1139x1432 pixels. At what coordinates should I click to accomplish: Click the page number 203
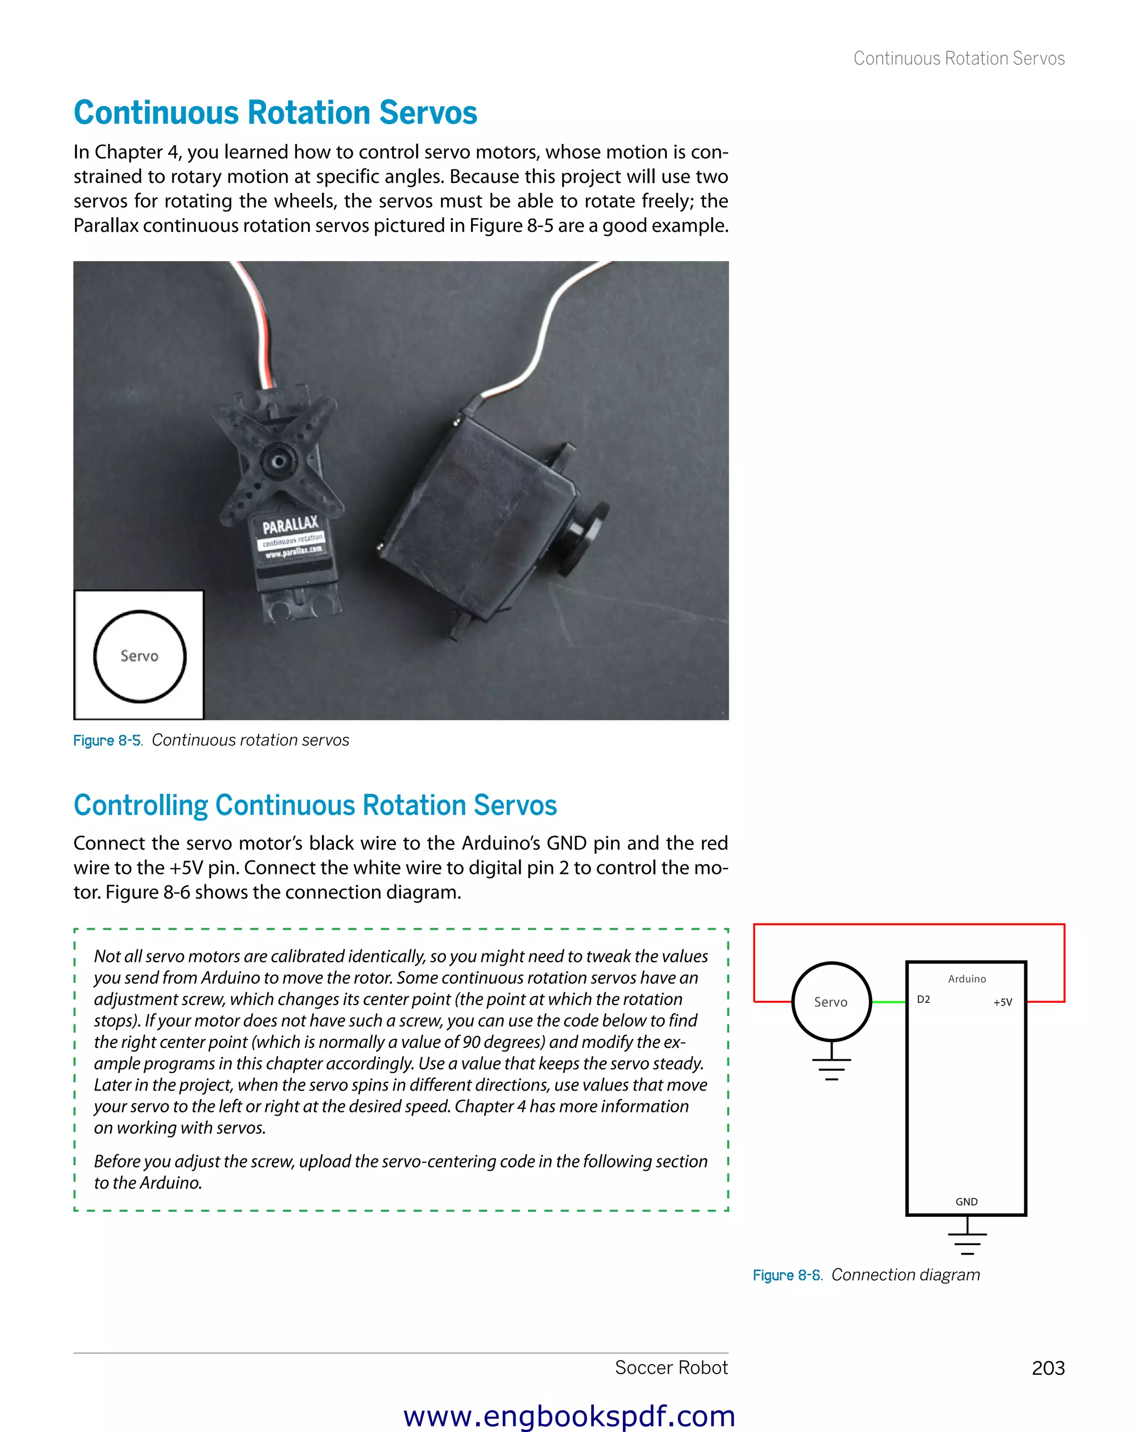(1047, 1368)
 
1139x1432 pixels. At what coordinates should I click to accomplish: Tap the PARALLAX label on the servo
(290, 525)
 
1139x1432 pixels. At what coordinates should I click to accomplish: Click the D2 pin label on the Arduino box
(923, 999)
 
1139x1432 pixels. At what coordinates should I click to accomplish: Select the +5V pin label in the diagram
(1002, 1002)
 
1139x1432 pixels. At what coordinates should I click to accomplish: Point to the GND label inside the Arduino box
(966, 1201)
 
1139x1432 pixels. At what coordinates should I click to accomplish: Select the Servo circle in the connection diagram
(831, 1001)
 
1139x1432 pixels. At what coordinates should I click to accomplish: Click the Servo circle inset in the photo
(140, 655)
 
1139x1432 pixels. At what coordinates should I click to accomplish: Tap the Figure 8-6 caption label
(787, 1275)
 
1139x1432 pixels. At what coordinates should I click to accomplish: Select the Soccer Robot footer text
(671, 1368)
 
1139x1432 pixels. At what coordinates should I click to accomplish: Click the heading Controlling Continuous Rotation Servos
(315, 805)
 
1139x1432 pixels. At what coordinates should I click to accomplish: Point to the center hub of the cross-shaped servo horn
(279, 461)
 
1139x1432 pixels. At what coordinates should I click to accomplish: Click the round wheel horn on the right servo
(584, 536)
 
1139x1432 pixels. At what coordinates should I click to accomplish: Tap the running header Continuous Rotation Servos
(958, 58)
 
